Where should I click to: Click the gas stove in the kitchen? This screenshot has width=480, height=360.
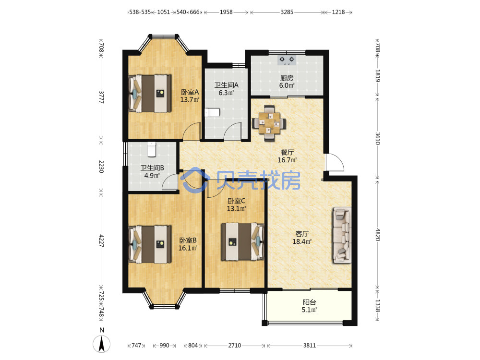click(287, 60)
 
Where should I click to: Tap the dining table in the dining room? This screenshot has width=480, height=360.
click(269, 123)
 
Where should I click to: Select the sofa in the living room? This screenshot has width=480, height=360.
click(342, 235)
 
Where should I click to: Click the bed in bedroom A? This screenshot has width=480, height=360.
click(150, 94)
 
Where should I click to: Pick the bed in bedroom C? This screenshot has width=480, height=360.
click(243, 241)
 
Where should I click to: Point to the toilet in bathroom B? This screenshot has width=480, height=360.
click(152, 149)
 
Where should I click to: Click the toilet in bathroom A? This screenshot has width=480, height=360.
click(212, 112)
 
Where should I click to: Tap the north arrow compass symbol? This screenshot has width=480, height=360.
click(102, 343)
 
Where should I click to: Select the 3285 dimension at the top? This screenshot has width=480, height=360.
click(287, 12)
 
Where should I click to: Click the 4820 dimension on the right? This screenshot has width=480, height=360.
click(378, 235)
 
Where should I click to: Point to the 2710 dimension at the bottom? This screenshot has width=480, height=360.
click(235, 345)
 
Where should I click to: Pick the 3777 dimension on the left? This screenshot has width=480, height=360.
click(101, 97)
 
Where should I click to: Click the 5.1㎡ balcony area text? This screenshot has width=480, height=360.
click(309, 310)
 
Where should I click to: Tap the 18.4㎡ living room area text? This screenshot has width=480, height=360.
click(302, 241)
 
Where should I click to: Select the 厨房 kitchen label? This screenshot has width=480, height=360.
click(287, 78)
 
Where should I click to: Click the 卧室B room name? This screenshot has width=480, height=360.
click(188, 240)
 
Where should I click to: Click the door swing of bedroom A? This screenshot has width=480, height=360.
click(192, 132)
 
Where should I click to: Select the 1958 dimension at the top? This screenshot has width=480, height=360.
click(226, 12)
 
